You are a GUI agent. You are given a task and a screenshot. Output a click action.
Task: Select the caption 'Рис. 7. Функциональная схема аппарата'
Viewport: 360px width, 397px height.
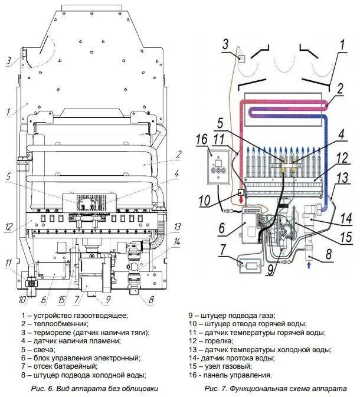click(x=275, y=389)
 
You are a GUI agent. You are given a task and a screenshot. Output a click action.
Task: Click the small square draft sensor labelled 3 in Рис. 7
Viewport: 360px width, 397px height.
click(x=241, y=58)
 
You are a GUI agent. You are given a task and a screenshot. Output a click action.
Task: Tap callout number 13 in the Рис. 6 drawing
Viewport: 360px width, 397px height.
click(x=178, y=227)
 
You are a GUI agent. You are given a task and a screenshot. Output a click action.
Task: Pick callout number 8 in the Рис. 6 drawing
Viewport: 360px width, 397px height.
click(x=150, y=299)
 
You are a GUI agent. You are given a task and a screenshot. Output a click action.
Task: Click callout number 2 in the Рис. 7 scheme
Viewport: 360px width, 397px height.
click(x=341, y=89)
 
